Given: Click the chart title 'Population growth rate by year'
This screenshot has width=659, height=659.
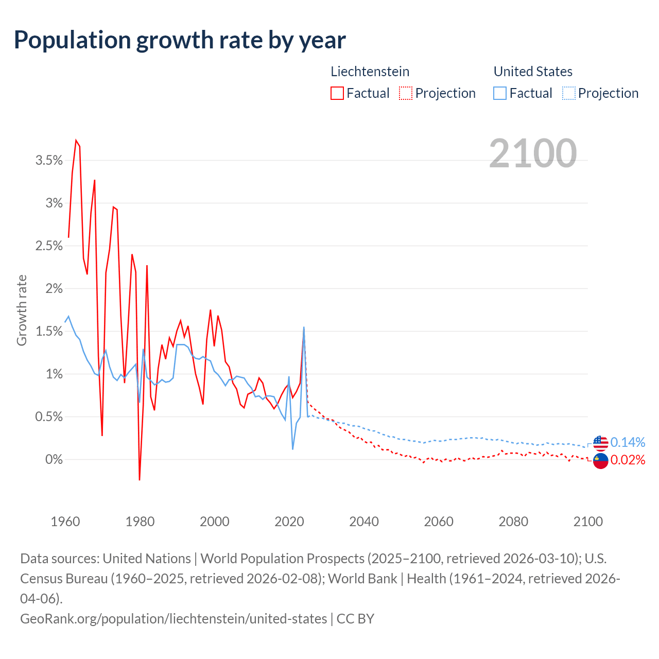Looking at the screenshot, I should pyautogui.click(x=180, y=40).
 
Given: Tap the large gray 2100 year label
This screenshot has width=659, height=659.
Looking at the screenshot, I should pyautogui.click(x=533, y=153).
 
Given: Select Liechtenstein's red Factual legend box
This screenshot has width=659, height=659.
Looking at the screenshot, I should pyautogui.click(x=337, y=93).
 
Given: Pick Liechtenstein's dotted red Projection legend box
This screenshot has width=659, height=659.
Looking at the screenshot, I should pyautogui.click(x=406, y=93).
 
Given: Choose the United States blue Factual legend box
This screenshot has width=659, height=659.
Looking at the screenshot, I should pyautogui.click(x=500, y=93).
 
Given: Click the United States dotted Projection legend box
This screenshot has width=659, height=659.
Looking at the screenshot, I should pyautogui.click(x=568, y=93).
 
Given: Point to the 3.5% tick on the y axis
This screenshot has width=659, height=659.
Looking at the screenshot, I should pyautogui.click(x=49, y=161).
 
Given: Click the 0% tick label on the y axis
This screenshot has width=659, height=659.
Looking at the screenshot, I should pyautogui.click(x=54, y=459).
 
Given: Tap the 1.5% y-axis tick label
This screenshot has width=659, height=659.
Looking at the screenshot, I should pyautogui.click(x=49, y=331).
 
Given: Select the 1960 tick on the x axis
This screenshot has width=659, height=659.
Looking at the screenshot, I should pyautogui.click(x=65, y=522).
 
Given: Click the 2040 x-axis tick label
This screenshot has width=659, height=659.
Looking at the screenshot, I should pyautogui.click(x=364, y=522).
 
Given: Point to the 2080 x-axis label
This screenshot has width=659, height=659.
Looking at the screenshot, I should pyautogui.click(x=513, y=522).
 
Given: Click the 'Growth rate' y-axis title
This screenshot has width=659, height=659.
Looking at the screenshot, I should pyautogui.click(x=22, y=310).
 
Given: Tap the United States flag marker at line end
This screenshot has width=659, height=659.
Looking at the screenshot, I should pyautogui.click(x=601, y=442).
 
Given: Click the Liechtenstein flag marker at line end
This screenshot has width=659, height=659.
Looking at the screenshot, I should pyautogui.click(x=601, y=460).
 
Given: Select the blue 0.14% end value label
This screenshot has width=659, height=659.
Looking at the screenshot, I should pyautogui.click(x=628, y=442).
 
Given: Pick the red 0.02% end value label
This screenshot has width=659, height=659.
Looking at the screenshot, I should pyautogui.click(x=628, y=460).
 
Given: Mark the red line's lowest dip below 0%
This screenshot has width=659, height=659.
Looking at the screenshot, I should pyautogui.click(x=140, y=479).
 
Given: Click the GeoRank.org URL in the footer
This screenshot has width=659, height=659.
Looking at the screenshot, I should pyautogui.click(x=174, y=618).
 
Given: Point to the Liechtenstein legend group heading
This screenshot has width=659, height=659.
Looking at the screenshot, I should pyautogui.click(x=370, y=72).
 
